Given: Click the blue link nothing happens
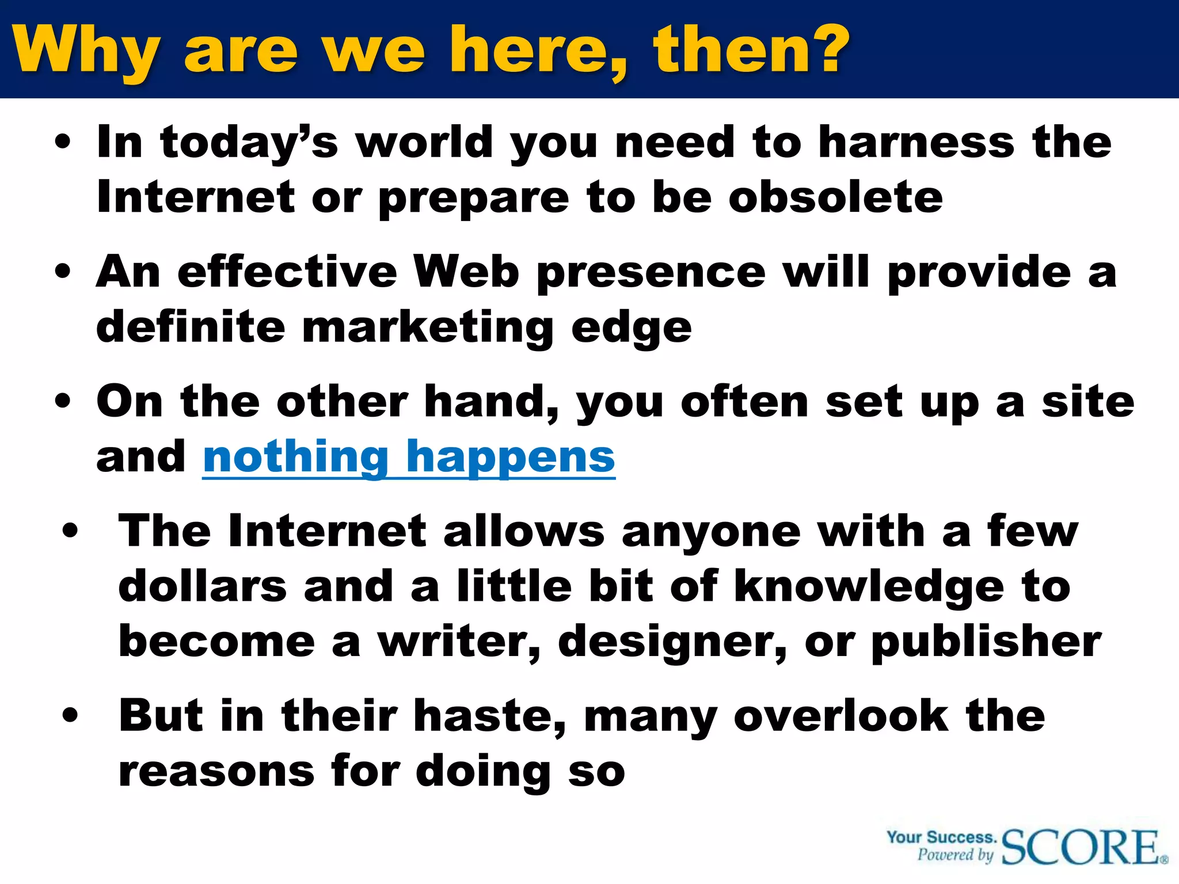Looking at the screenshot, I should [409, 457].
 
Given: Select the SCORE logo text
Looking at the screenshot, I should [1081, 847].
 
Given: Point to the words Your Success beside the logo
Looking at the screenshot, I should [941, 837].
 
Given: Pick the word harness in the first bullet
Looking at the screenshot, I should [916, 142].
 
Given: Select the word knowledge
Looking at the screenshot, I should [869, 588].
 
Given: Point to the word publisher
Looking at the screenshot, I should [986, 643].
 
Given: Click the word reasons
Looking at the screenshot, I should [216, 772].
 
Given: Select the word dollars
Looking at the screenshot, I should [202, 586].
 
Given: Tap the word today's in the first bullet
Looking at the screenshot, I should [249, 143].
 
